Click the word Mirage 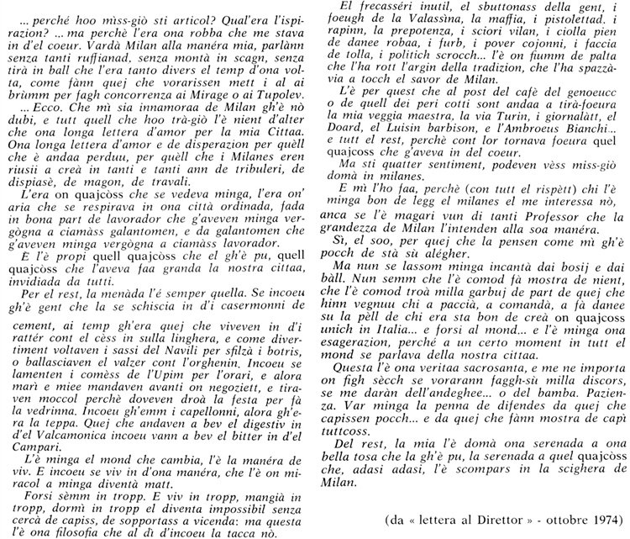(x=230, y=86)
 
